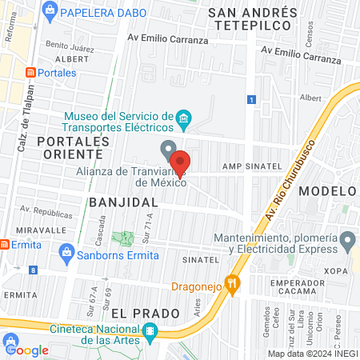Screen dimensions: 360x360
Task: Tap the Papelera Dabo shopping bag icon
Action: [x=50, y=11]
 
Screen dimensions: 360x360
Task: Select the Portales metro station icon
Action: [x=31, y=73]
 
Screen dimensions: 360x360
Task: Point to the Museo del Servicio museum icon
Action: [x=183, y=121]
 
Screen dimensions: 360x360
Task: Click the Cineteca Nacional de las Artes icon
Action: [x=149, y=331]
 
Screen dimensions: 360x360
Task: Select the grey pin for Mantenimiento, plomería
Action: [x=347, y=239]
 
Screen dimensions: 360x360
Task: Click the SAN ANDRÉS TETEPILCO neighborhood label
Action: [x=252, y=21]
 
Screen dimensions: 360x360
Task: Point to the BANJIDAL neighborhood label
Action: [x=123, y=202]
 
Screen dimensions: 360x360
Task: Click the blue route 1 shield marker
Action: [x=251, y=99]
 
